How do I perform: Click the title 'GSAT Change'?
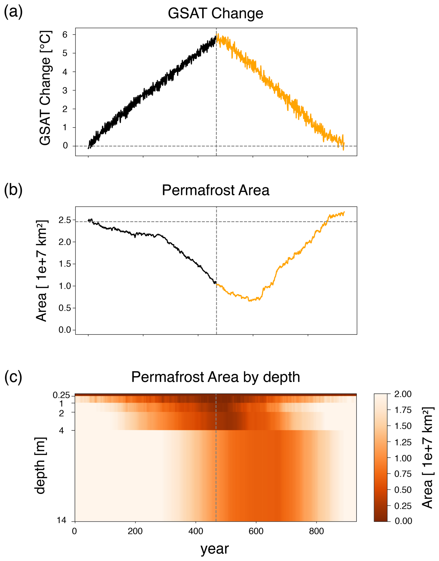[x=216, y=13]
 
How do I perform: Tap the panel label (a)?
[x=13, y=12]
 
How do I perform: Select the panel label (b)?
[x=13, y=190]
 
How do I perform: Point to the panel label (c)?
[x=13, y=377]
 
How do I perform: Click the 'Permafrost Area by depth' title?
[x=216, y=377]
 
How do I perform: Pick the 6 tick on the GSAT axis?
[x=65, y=34]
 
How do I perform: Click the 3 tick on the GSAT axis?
[x=65, y=90]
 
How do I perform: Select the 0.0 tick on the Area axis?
[x=65, y=330]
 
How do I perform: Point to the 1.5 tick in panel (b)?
[x=65, y=264]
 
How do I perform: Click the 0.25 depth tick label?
[x=61, y=395]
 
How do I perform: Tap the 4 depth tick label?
[x=61, y=430]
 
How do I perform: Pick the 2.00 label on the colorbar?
[x=403, y=394]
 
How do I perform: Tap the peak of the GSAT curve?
[x=218, y=34]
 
